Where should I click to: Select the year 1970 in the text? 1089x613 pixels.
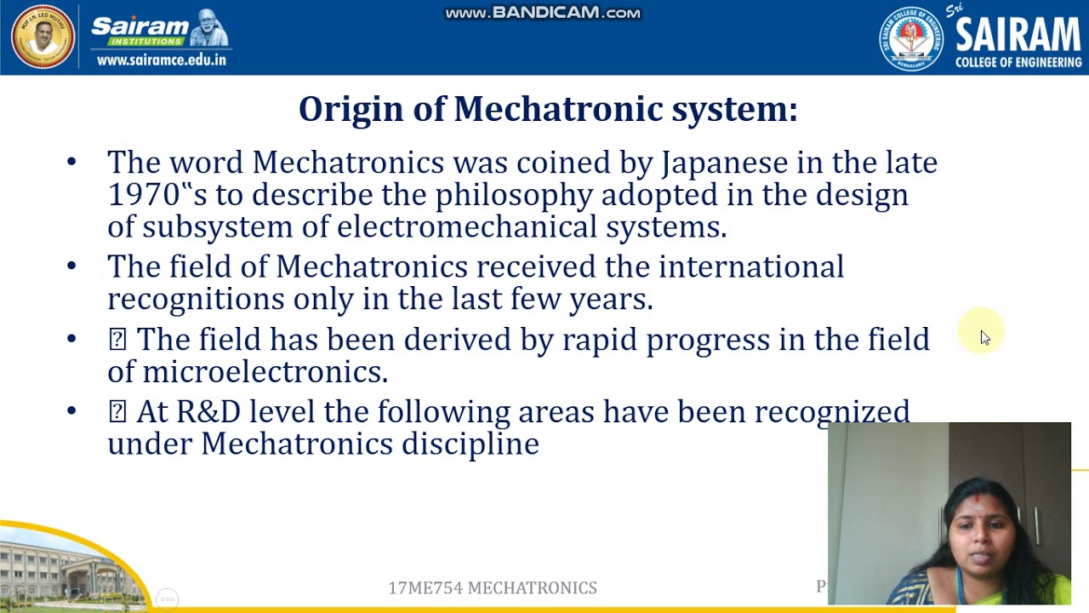click(144, 195)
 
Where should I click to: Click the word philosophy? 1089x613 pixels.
click(513, 196)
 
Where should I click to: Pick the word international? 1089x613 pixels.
click(751, 267)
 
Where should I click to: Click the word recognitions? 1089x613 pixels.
click(196, 299)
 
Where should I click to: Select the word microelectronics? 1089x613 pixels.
click(265, 372)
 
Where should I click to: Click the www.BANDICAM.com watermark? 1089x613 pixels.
click(543, 13)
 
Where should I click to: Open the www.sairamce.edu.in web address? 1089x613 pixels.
click(162, 60)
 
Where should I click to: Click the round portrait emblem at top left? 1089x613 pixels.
click(43, 37)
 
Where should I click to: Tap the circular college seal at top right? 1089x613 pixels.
click(910, 38)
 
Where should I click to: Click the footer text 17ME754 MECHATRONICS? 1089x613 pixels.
click(493, 588)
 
